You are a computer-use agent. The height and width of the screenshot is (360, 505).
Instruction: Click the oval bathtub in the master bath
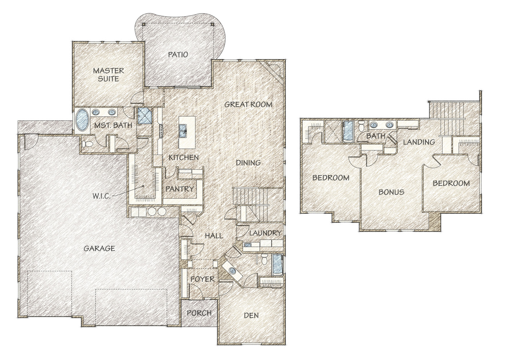pyautogui.click(x=82, y=120)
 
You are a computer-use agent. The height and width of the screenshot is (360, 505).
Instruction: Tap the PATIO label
pyautogui.click(x=178, y=54)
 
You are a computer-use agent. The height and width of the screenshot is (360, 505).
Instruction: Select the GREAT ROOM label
pyautogui.click(x=248, y=104)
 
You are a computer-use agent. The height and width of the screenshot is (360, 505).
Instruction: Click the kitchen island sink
pyautogui.click(x=183, y=131)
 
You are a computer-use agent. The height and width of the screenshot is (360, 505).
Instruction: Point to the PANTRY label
pyautogui.click(x=180, y=189)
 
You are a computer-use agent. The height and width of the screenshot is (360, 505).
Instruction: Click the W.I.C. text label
pyautogui.click(x=101, y=196)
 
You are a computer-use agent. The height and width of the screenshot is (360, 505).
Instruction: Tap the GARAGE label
pyautogui.click(x=99, y=249)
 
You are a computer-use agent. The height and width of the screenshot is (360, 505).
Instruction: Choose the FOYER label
pyautogui.click(x=202, y=279)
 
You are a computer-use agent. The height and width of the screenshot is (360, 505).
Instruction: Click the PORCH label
pyautogui.click(x=199, y=313)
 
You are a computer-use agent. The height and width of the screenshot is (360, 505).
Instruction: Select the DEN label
pyautogui.click(x=251, y=315)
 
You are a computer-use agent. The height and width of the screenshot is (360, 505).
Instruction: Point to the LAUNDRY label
pyautogui.click(x=265, y=233)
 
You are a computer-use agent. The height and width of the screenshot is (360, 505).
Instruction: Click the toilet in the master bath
pyautogui.click(x=87, y=143)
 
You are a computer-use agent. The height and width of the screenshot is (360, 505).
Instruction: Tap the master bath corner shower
pyautogui.click(x=145, y=116)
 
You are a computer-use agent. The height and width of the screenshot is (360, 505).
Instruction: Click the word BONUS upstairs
pyautogui.click(x=391, y=192)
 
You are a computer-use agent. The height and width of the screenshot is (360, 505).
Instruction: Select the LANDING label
pyautogui.click(x=419, y=142)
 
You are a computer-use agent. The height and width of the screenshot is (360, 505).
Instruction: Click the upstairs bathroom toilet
pyautogui.click(x=361, y=126)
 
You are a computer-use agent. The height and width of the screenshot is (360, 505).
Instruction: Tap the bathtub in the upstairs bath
pyautogui.click(x=348, y=131)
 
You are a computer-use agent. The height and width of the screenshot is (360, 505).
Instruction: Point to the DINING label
pyautogui.click(x=248, y=163)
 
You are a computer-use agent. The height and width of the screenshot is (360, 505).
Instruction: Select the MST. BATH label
pyautogui.click(x=113, y=125)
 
